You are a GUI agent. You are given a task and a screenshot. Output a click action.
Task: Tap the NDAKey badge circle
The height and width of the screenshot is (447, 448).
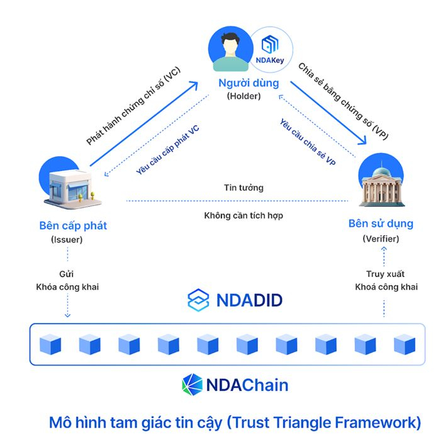point(269,47)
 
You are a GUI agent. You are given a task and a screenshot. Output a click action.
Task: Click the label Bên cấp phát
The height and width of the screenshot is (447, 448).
point(69,225)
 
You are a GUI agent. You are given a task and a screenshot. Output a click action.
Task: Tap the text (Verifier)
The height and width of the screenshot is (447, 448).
point(381,239)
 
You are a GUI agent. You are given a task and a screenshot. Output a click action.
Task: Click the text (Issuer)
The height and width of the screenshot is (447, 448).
point(69,239)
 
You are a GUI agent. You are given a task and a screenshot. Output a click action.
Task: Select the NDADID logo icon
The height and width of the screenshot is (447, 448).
point(198,300)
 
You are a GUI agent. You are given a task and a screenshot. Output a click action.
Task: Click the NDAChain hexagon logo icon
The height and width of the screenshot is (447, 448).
point(191,383)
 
